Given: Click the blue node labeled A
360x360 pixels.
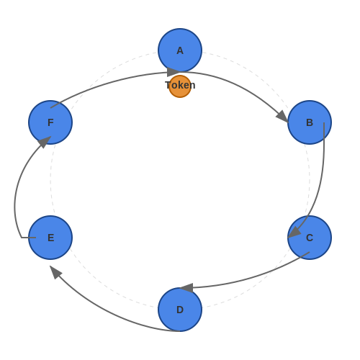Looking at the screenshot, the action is click(180, 50).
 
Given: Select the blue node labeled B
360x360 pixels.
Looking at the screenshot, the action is click(310, 122).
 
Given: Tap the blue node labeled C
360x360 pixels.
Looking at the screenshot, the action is click(310, 238).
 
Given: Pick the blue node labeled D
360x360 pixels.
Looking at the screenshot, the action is click(180, 310).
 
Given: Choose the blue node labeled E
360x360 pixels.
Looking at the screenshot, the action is click(50, 238).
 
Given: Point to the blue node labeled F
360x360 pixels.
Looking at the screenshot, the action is click(50, 122).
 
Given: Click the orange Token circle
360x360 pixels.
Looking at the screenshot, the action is click(180, 86).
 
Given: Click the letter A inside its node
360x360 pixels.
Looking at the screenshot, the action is click(180, 50).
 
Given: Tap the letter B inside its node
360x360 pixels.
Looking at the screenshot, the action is click(310, 122).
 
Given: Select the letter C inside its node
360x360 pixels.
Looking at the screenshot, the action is click(310, 238).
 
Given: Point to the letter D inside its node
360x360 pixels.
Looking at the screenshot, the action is click(180, 310).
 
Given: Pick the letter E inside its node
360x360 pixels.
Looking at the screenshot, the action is click(50, 238).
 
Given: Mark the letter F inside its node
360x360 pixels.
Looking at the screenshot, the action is click(50, 122).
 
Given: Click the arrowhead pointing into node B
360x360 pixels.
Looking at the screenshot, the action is click(282, 117).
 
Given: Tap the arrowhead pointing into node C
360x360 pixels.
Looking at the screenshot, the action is click(294, 232).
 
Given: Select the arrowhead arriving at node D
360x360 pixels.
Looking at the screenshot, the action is click(187, 288).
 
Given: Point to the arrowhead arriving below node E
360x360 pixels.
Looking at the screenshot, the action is click(55, 272).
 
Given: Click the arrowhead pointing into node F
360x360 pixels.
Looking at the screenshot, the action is click(45, 142).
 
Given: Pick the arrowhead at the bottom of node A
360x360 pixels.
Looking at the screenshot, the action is click(173, 72).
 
